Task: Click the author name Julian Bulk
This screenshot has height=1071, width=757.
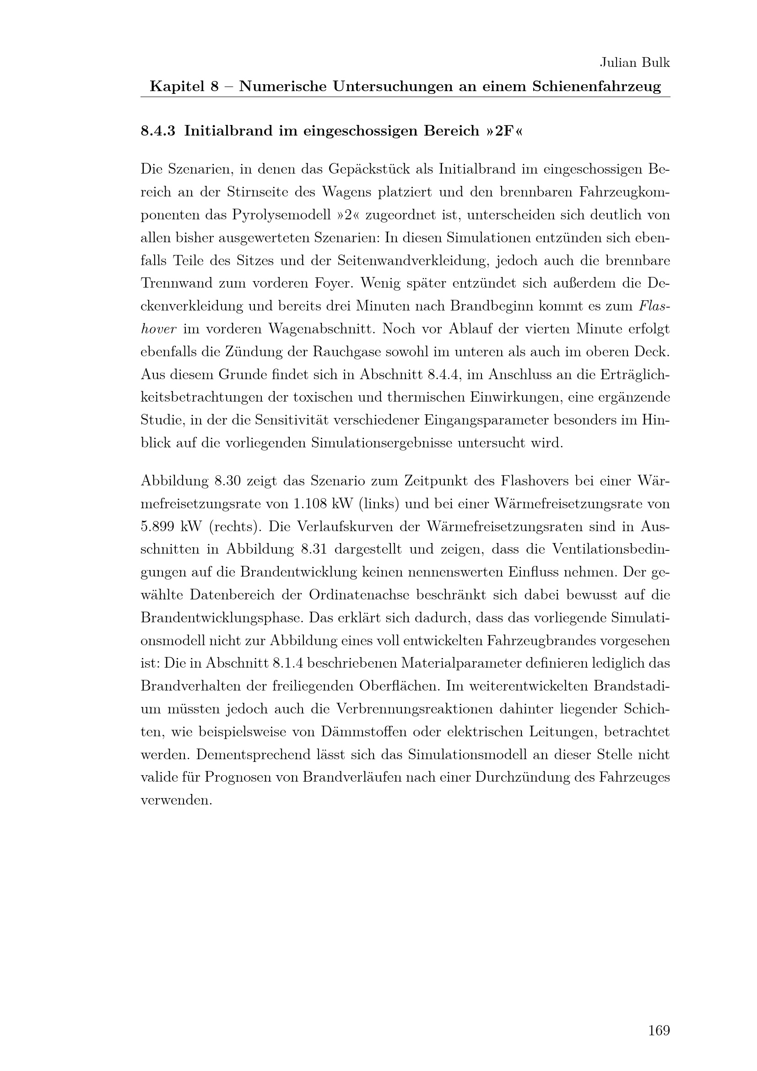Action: click(634, 63)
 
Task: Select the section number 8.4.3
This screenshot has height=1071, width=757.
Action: click(157, 131)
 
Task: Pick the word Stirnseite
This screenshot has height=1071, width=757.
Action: click(256, 192)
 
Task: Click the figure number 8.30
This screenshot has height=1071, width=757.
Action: click(227, 481)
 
